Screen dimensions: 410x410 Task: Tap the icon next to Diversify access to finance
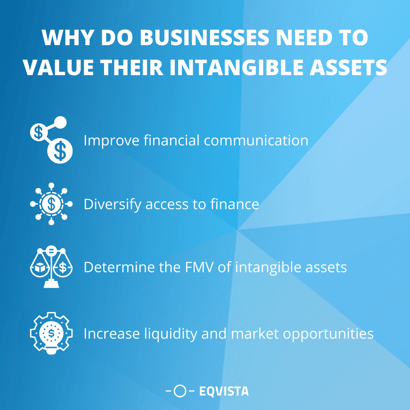[x=51, y=204]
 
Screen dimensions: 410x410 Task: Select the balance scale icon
[x=51, y=267]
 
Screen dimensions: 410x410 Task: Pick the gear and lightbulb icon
[x=51, y=333]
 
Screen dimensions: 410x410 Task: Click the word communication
[x=256, y=140]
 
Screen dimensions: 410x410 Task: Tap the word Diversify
[x=112, y=205]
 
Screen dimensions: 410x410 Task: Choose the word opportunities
[x=325, y=334]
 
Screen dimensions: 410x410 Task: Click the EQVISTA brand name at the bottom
[x=224, y=391]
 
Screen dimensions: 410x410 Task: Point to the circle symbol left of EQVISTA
[x=180, y=391]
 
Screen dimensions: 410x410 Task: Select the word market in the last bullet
[x=253, y=334]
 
